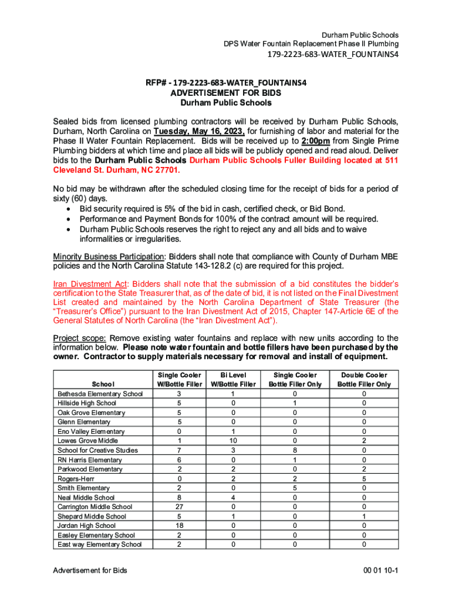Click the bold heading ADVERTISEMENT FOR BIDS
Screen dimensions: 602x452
pos(225,93)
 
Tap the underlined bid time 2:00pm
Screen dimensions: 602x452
pos(315,142)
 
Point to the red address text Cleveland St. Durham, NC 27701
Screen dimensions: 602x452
pos(117,170)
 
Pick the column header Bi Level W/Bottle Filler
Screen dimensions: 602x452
pos(233,379)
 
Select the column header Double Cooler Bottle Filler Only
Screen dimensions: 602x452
pos(364,379)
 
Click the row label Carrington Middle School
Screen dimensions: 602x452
pos(95,507)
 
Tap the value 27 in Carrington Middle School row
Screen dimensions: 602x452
pos(179,507)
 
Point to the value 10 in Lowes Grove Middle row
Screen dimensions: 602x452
pos(233,440)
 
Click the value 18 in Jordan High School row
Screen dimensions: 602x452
pos(179,526)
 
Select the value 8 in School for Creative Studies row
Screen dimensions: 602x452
pos(295,450)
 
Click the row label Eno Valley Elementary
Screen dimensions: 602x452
pos(91,431)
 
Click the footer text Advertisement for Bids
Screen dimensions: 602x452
pos(90,571)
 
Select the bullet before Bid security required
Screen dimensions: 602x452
pos(70,209)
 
